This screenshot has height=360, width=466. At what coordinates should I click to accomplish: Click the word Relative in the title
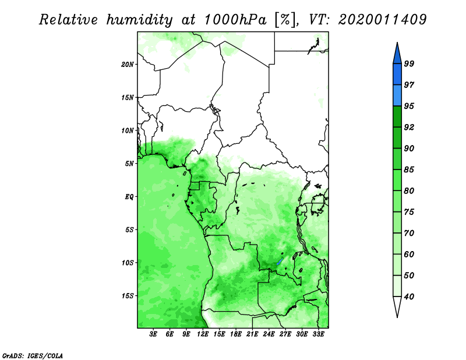point(68,20)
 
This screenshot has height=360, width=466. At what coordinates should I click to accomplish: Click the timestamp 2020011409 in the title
point(382,20)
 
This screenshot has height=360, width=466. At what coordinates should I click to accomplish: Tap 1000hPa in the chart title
point(235,20)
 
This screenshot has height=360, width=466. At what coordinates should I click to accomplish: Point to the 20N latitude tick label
point(128,64)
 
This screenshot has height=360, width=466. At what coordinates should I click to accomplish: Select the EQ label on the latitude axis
point(129,197)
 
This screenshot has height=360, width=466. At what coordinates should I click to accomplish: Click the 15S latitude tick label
point(128,296)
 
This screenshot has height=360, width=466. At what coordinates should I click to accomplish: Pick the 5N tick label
point(129,164)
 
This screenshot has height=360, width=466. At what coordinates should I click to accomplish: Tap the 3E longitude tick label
point(153,334)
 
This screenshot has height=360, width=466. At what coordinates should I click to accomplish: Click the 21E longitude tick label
point(252,334)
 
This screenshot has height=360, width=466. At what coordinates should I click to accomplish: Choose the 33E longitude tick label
point(318,334)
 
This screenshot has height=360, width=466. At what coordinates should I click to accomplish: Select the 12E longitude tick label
point(203,334)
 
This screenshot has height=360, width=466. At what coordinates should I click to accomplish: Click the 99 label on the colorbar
point(409,63)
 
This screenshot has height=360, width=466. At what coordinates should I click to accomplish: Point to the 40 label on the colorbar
point(409,297)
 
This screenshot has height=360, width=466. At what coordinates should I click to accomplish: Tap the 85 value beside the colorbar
point(409,170)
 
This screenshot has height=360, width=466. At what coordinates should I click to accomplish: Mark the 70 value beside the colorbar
point(409,233)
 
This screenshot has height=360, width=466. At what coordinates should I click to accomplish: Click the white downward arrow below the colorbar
point(397,306)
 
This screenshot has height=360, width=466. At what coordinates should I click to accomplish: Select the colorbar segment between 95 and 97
point(397,96)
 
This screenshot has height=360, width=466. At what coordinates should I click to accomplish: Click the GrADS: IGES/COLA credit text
point(33,355)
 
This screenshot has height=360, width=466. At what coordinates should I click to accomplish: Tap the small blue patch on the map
point(279,262)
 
